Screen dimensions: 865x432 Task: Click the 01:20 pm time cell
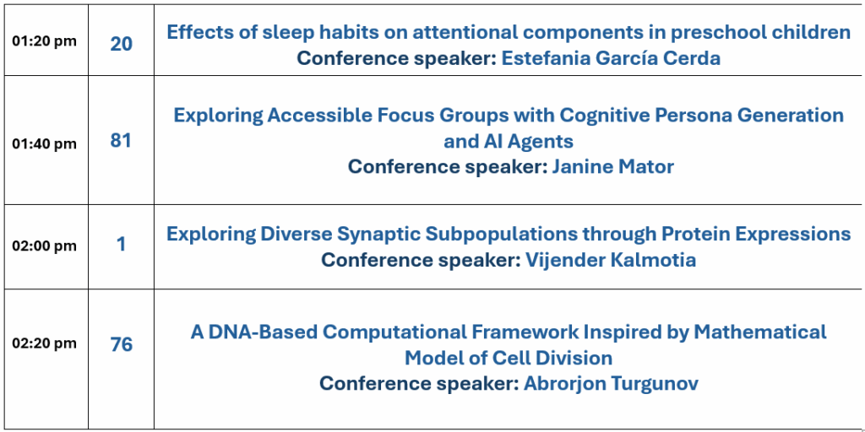click(44, 41)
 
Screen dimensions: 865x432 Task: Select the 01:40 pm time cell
click(44, 143)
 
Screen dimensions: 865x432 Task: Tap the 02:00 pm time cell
click(44, 246)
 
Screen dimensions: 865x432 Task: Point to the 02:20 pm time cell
click(44, 343)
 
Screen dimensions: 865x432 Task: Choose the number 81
click(121, 141)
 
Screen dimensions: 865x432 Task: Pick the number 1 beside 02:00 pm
click(122, 244)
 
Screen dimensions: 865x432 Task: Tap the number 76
click(122, 345)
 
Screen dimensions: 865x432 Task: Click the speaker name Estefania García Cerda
click(611, 58)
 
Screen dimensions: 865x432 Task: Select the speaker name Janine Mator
click(613, 166)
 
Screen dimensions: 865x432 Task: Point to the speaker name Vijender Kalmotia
click(611, 260)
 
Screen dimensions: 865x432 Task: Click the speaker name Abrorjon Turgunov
click(611, 384)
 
